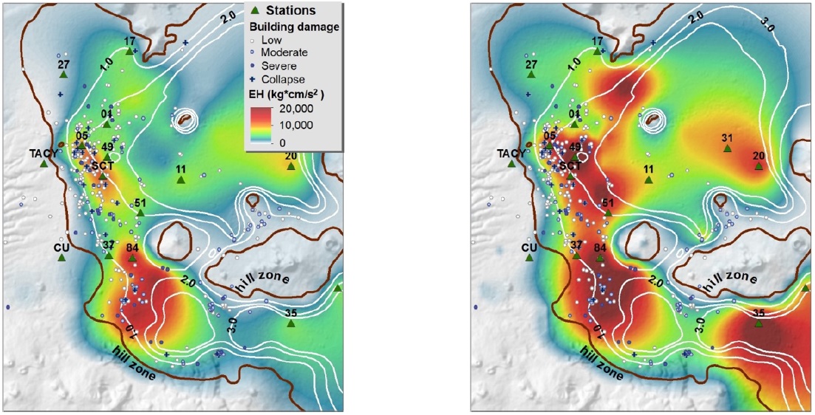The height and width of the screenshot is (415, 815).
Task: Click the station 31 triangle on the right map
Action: coord(727,148)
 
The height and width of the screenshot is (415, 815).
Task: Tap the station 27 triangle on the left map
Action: coord(64,75)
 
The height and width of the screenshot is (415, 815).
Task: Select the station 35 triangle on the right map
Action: coord(758,323)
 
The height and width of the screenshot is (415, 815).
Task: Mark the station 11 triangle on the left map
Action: coord(181,180)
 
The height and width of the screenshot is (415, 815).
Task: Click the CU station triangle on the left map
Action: coord(62,258)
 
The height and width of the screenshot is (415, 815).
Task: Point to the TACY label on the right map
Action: coord(511,153)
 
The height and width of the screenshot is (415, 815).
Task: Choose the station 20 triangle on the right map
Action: coord(759,166)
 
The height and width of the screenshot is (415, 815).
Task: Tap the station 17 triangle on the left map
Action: coord(130,52)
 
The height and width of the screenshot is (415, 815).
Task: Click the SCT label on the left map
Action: coord(102,166)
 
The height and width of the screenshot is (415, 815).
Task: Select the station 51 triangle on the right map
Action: coord(608,213)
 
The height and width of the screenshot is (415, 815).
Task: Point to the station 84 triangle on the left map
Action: coord(132,258)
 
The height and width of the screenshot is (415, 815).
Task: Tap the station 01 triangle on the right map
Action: coord(574,124)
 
